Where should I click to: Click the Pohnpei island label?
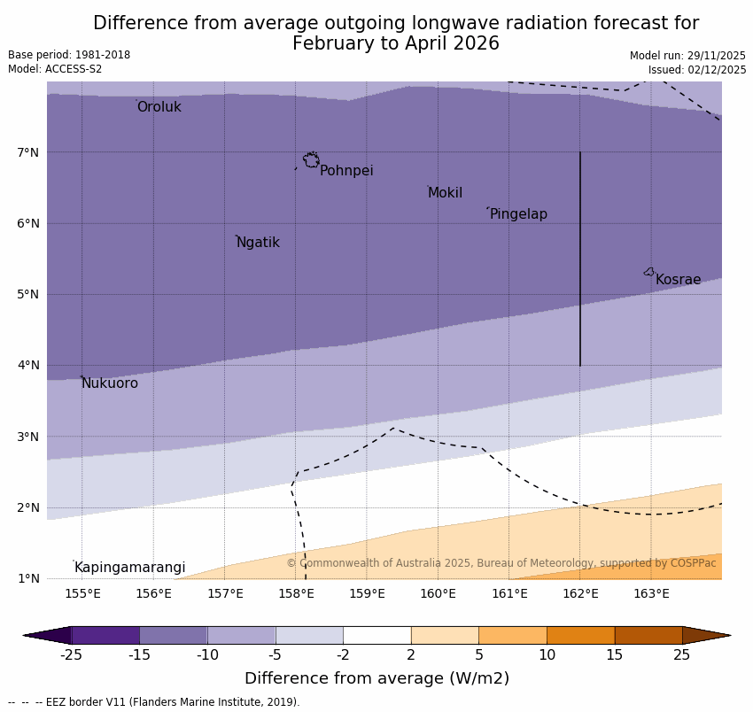346,171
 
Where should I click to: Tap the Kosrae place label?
678,280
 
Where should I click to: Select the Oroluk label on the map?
159,107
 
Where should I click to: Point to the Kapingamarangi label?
130,568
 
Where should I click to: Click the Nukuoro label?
110,383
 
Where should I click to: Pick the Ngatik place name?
258,243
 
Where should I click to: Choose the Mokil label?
445,193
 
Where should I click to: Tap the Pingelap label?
518,214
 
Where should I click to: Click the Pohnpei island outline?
311,160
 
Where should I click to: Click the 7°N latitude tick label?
28,152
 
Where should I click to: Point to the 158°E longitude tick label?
296,593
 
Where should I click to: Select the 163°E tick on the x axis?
651,593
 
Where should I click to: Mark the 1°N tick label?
28,578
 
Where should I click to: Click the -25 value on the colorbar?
71,655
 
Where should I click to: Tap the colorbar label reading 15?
615,655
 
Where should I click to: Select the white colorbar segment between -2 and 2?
377,635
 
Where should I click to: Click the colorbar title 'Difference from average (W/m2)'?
376,679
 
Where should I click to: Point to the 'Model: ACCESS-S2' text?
55,69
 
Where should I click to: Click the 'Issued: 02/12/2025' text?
697,70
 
